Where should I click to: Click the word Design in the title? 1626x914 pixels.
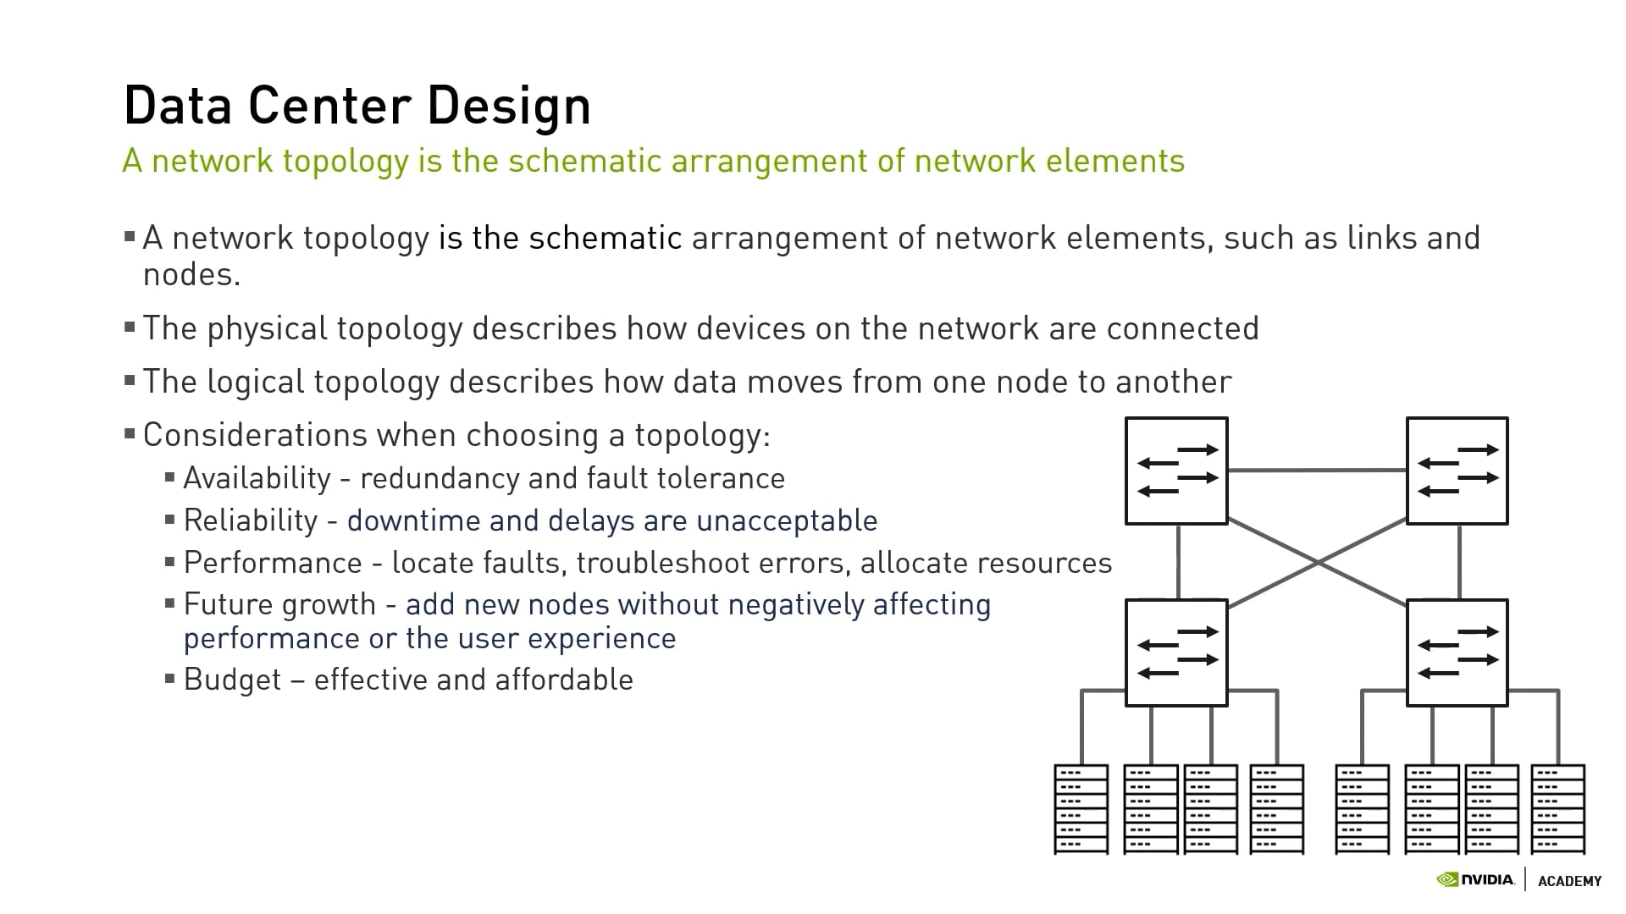[508, 106]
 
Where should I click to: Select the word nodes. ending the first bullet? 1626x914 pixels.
[191, 274]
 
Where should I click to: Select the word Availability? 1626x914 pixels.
[257, 478]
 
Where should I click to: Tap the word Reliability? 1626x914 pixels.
[251, 520]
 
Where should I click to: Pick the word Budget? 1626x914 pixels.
[232, 680]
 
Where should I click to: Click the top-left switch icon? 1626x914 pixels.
[1176, 471]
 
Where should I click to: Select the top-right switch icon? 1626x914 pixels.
[1457, 471]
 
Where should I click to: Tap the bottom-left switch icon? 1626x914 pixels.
[1176, 652]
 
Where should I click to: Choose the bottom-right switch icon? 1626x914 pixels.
[1457, 652]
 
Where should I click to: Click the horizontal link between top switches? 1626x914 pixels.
[1317, 470]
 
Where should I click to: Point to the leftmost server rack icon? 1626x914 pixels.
[1081, 809]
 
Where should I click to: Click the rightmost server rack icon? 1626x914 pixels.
[1557, 809]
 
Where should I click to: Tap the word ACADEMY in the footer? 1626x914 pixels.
[1569, 881]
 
